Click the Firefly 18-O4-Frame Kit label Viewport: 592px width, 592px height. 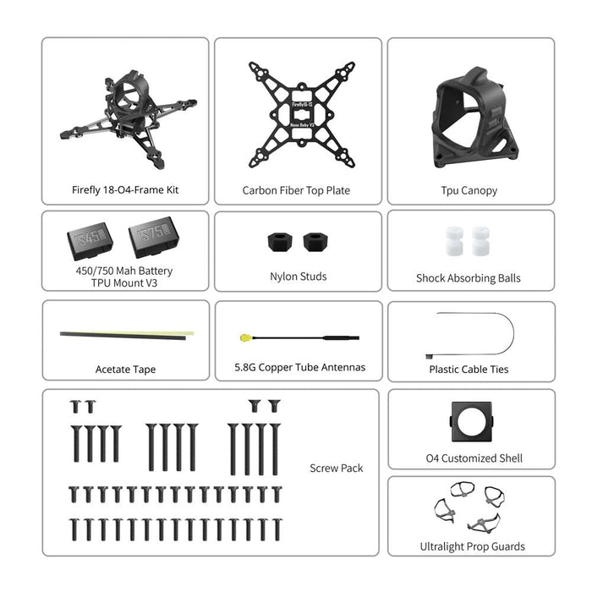coord(125,190)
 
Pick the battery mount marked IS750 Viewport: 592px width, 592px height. coord(153,240)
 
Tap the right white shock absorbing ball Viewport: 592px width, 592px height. coord(480,241)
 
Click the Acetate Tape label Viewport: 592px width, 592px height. coord(125,370)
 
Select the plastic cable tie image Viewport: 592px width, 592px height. coord(474,334)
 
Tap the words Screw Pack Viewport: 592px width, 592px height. coord(336,468)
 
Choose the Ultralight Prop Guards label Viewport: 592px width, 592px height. coord(472,546)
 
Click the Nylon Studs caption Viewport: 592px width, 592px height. coord(298,277)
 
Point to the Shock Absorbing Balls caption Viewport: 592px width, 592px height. coord(469,278)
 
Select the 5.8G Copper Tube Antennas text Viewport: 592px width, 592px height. coord(299,367)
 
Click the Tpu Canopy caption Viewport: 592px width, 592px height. coord(469,191)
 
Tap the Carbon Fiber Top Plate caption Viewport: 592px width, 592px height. coord(296,191)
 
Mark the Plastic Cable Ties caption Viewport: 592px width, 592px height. coord(469,370)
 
